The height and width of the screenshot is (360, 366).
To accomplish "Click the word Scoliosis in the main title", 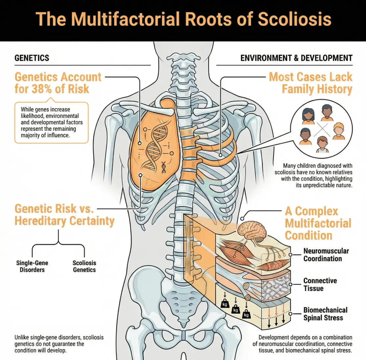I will coord(294,19).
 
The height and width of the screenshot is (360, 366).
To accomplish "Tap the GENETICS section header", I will coord(32,58).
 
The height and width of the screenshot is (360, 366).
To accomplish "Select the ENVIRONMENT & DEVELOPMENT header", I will coord(296,58).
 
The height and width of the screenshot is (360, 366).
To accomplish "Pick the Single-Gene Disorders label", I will coord(32,266).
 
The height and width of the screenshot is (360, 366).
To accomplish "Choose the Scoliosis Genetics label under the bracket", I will coord(84,266).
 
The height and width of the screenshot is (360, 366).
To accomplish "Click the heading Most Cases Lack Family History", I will coord(310,83).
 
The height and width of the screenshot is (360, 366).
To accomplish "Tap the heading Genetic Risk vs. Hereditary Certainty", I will coord(64,215).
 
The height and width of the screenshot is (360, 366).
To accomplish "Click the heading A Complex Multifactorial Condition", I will coord(318,223).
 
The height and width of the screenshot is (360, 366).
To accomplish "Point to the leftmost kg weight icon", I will coord(225,304).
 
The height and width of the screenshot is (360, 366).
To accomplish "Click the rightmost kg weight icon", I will coord(246,314).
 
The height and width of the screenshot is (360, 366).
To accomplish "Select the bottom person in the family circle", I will coord(322,145).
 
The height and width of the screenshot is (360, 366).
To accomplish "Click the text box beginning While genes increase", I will coord(52,122).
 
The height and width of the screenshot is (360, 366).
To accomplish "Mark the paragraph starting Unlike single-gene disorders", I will coord(59,344).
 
